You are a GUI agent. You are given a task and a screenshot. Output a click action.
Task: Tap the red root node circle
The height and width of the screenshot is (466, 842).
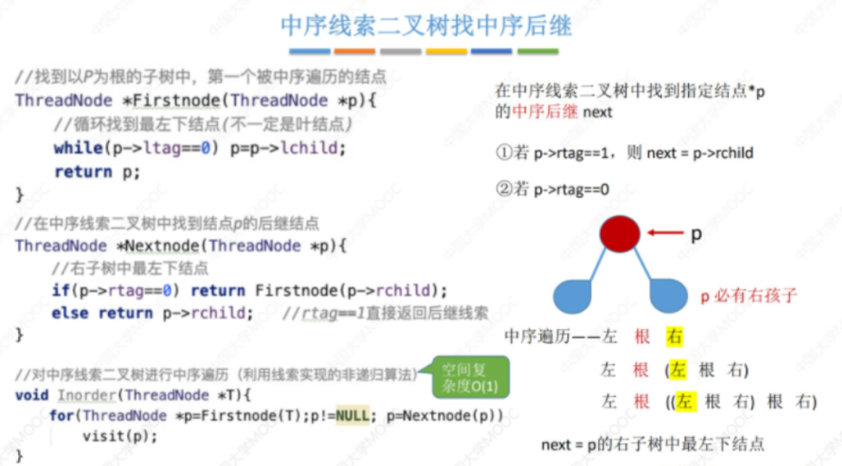620,233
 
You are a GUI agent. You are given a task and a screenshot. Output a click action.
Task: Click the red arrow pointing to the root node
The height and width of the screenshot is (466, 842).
665,233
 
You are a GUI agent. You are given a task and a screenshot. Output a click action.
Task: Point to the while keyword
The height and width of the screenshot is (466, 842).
78,148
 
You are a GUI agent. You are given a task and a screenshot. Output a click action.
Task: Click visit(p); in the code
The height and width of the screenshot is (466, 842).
120,436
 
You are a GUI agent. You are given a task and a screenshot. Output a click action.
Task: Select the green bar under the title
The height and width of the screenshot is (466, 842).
538,51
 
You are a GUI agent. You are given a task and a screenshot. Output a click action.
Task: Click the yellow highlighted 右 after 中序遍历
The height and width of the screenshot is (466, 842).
674,336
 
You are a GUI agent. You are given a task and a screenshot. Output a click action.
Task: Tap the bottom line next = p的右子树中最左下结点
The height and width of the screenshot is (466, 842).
653,444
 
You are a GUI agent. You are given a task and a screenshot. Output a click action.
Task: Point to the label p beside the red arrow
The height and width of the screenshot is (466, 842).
695,233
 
